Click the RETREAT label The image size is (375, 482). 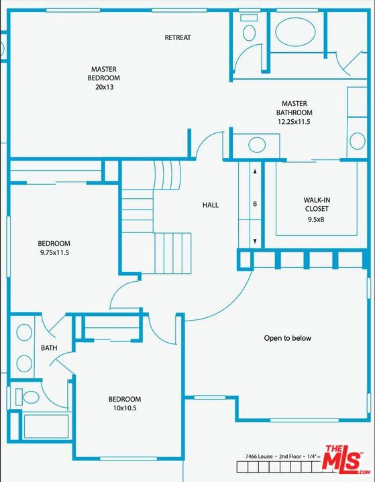tap(178, 37)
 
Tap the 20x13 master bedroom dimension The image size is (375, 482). tap(104, 87)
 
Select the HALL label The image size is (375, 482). tap(211, 205)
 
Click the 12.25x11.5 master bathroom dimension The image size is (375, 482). tap(294, 122)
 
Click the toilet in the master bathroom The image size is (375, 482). tap(249, 29)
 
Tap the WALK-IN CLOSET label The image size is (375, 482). tap(317, 204)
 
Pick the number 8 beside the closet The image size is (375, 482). tap(255, 204)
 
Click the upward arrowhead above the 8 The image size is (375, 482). tap(255, 171)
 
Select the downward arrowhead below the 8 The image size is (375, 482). tap(255, 241)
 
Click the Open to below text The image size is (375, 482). tap(288, 338)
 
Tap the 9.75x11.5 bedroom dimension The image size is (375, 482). tap(54, 253)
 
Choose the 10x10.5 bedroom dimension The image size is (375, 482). tap(125, 408)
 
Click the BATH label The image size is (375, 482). tap(49, 348)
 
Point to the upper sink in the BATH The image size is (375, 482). tap(24, 332)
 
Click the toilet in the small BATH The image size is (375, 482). tap(27, 397)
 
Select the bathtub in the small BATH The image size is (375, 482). tap(46, 426)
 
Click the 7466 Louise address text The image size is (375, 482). tap(259, 457)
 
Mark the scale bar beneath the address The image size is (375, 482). tap(279, 467)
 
